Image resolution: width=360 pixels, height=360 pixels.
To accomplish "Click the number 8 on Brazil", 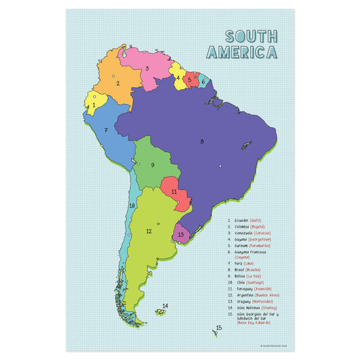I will coord(201,141).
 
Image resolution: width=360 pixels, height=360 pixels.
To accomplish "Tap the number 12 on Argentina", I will coord(149,232).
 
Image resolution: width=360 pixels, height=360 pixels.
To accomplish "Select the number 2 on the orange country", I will coord(118,84).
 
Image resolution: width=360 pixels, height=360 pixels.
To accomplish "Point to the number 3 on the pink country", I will coord(147,68).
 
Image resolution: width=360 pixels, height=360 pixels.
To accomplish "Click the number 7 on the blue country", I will coord(106,130).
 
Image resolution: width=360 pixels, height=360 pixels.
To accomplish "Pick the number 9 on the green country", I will coord(153,165).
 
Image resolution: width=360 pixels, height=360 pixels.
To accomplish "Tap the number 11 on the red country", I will coord(174,192).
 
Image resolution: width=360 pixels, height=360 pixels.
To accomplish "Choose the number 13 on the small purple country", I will coord(181,234).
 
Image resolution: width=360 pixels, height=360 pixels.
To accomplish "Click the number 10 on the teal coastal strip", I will coord(132,205).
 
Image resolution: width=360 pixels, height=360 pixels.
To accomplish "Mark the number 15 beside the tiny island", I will coord(218,328).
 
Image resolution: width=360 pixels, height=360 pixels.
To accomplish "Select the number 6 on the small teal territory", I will coord(203,82).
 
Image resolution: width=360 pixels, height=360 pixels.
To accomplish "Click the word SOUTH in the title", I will coord(250,36).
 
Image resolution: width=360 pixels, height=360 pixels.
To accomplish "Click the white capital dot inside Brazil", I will coord(220,165).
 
